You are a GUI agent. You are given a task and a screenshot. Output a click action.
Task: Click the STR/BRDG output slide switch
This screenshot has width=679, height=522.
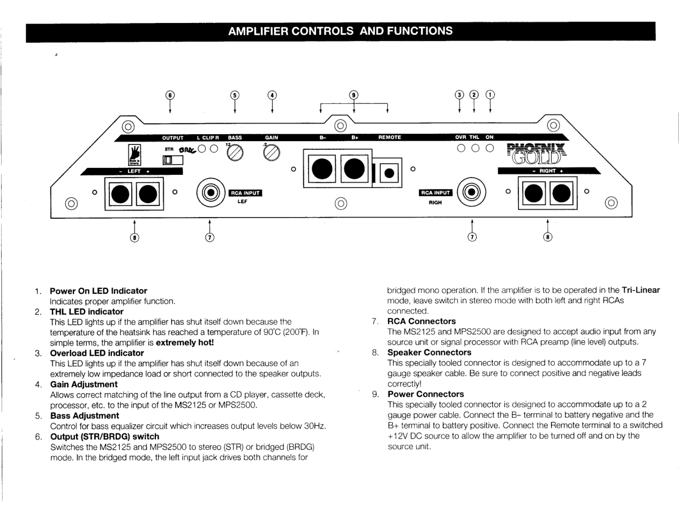click(173, 159)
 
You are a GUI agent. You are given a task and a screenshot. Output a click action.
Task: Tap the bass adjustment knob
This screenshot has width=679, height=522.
click(235, 153)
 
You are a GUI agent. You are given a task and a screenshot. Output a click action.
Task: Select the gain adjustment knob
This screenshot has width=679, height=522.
click(272, 153)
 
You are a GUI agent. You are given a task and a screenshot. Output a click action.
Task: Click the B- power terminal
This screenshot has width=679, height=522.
click(322, 169)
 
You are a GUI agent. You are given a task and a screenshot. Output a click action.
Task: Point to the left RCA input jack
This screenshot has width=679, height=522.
click(211, 192)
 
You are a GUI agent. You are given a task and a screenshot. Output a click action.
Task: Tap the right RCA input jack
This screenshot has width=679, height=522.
click(471, 192)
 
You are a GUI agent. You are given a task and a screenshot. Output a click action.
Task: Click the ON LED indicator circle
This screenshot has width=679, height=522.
click(489, 148)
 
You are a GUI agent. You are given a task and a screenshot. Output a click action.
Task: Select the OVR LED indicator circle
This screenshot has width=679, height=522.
click(460, 148)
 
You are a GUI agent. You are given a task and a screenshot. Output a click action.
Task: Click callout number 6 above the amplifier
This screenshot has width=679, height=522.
click(170, 95)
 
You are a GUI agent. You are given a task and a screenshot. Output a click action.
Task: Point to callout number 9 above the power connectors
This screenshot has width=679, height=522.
click(353, 95)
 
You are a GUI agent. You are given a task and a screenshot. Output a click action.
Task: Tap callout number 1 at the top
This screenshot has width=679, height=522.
click(490, 95)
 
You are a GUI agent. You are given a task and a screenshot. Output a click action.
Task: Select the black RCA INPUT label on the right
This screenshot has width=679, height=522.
click(435, 193)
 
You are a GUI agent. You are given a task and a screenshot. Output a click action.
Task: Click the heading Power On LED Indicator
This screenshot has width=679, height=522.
click(98, 291)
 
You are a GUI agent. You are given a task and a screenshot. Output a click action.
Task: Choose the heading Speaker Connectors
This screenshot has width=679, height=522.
click(429, 352)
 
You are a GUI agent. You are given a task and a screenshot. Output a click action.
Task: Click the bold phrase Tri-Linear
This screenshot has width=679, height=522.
click(640, 290)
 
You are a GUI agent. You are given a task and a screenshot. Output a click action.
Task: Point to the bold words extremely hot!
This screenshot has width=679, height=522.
click(185, 342)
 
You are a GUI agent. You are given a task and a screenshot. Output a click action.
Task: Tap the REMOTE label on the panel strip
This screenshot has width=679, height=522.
click(389, 137)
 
